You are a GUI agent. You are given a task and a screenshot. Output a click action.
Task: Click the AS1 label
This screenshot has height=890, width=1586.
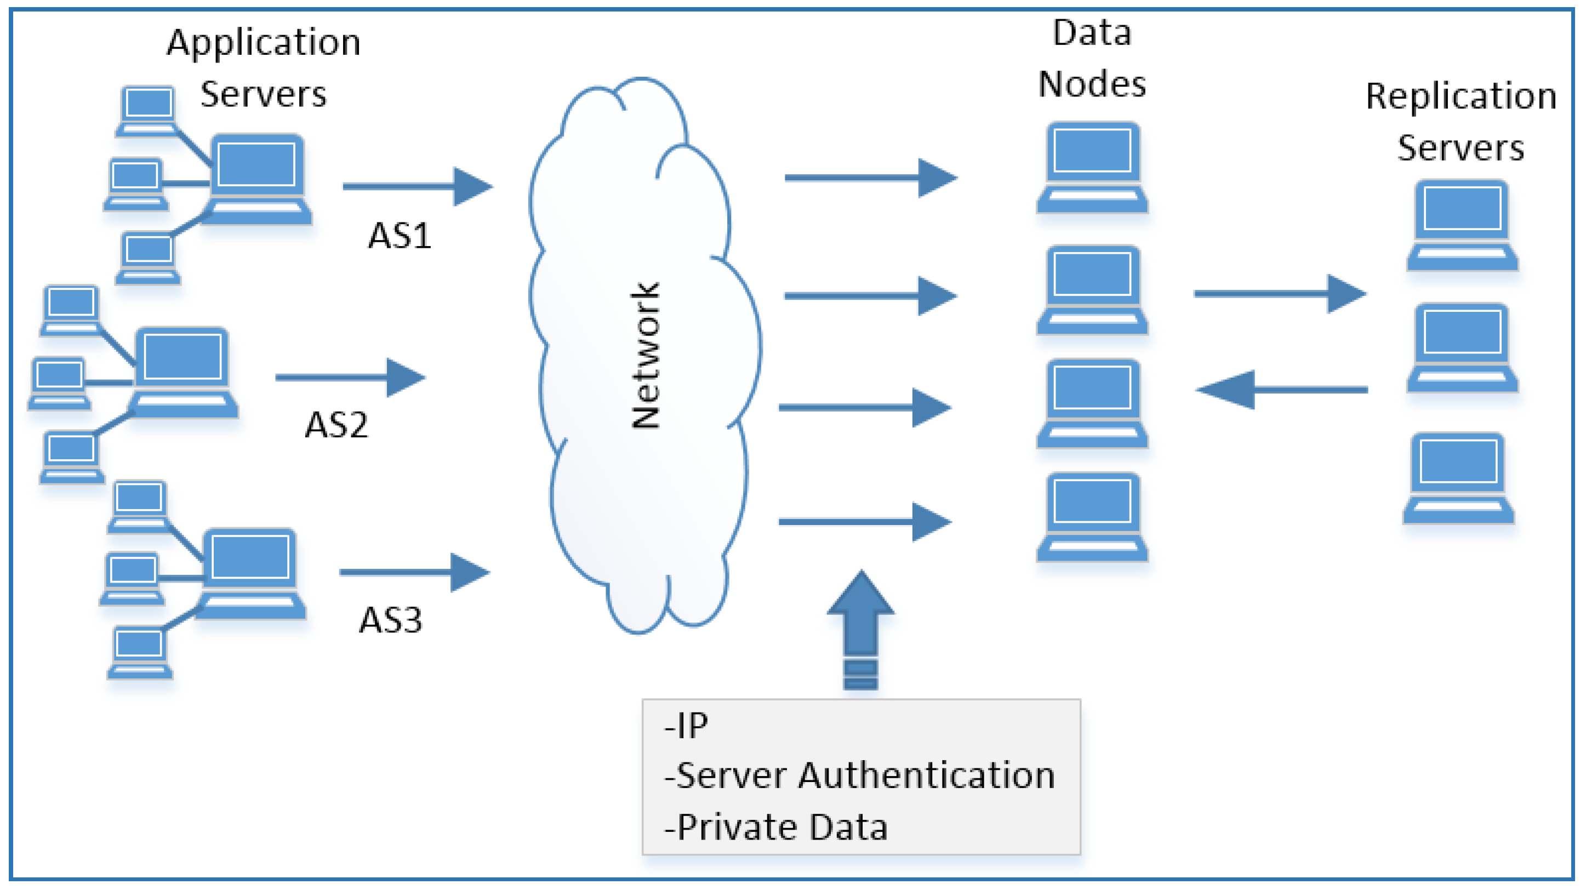click(x=399, y=236)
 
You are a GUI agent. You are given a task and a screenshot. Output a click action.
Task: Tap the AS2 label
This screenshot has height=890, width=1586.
click(x=336, y=425)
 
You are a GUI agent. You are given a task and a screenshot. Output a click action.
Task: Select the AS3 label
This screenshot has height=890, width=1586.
click(x=390, y=620)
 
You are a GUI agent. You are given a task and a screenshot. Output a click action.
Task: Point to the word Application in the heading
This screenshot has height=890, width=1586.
click(x=264, y=43)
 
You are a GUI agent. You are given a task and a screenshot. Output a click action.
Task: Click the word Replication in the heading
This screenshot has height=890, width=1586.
click(x=1461, y=96)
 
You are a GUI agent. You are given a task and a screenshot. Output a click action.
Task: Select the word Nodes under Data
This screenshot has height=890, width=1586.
click(x=1092, y=84)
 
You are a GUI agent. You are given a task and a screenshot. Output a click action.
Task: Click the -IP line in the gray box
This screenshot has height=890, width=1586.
click(x=686, y=726)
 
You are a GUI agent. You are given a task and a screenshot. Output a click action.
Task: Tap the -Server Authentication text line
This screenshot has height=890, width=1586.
click(x=859, y=775)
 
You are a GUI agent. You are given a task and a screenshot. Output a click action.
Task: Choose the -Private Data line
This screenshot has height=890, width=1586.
click(x=776, y=827)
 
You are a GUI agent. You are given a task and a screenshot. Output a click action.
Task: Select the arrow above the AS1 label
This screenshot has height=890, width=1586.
click(x=418, y=186)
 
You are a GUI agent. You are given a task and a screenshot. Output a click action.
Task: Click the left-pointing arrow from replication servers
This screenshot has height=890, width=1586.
click(x=1281, y=390)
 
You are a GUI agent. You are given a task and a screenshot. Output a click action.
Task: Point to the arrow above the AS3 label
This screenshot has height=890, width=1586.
click(x=414, y=572)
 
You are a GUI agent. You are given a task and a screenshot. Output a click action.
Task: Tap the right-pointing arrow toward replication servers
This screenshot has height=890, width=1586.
click(x=1280, y=294)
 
